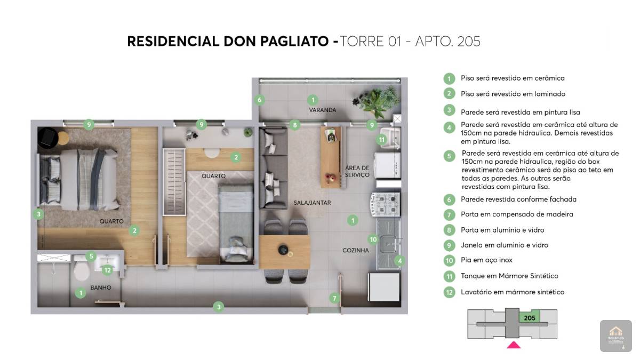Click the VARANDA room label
coord(322,110)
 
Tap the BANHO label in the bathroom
coord(101,287)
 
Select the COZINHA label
coord(355,250)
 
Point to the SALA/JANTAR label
coord(312,203)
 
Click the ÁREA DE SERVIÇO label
coord(357,171)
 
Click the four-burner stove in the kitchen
coord(385,204)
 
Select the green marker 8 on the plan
coord(295,125)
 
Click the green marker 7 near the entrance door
coord(334,298)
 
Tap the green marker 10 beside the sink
coord(373,239)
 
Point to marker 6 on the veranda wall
coord(259,100)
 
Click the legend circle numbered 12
coord(449,292)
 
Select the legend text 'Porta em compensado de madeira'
coord(517,214)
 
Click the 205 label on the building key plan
coord(530,318)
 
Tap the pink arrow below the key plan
coord(514,345)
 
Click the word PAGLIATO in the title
coord(294,41)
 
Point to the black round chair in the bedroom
coord(48,138)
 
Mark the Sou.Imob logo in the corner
coord(615,335)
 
